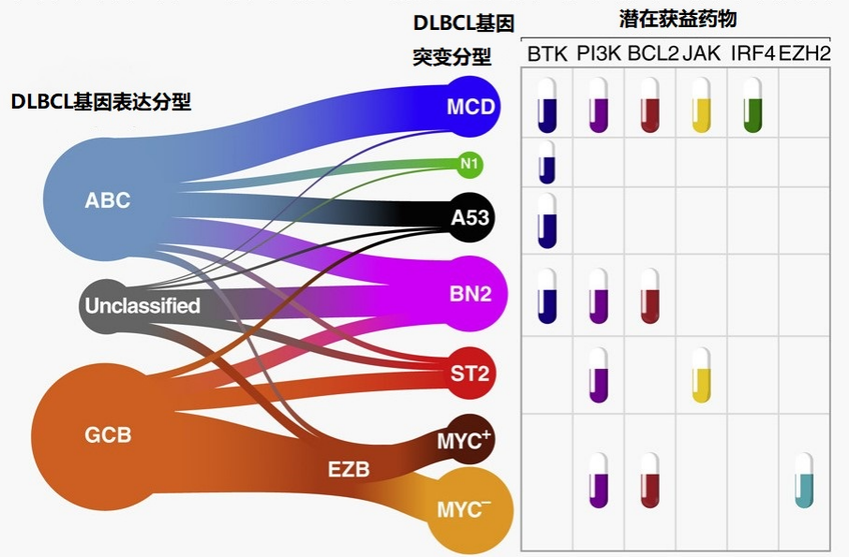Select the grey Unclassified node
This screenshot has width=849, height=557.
click(x=141, y=305)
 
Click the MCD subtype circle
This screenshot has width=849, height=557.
click(x=469, y=107)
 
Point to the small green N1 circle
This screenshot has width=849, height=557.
click(x=469, y=165)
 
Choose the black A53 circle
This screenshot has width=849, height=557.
click(x=469, y=218)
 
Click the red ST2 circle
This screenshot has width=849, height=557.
click(x=470, y=374)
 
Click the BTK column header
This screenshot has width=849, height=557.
click(x=547, y=53)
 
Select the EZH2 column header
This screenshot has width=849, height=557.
click(x=804, y=53)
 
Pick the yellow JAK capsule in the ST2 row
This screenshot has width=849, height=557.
click(x=700, y=374)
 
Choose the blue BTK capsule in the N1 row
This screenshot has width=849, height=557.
click(x=547, y=161)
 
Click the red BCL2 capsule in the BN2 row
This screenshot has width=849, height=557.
click(x=649, y=297)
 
